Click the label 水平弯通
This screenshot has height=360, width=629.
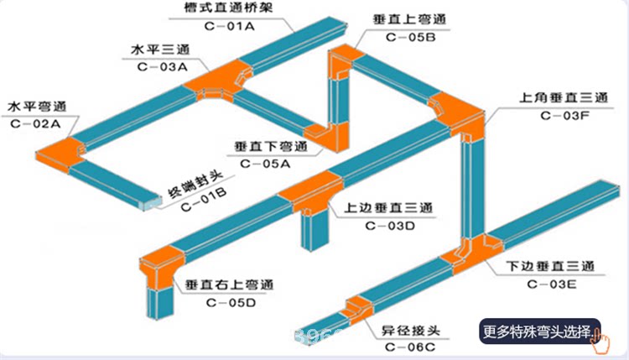coord(36,107)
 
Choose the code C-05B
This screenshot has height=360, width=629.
coord(408,38)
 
